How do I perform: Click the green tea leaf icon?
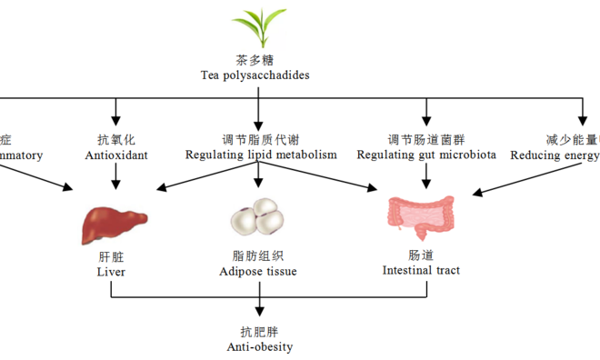point(255,27)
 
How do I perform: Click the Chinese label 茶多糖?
point(255,60)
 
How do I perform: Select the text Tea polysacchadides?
point(255,75)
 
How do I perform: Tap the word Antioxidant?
point(116,155)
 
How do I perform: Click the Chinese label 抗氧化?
point(116,139)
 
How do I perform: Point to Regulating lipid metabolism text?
point(261,155)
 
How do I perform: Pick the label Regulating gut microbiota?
point(426,155)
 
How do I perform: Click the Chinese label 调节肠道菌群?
point(426,139)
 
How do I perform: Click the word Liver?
point(111,271)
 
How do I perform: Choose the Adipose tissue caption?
point(258,271)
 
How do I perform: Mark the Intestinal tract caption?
point(421,270)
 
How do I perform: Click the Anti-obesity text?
point(260,346)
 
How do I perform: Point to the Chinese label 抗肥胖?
point(260,331)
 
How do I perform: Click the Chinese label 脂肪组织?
point(258,255)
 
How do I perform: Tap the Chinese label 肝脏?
point(111,255)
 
